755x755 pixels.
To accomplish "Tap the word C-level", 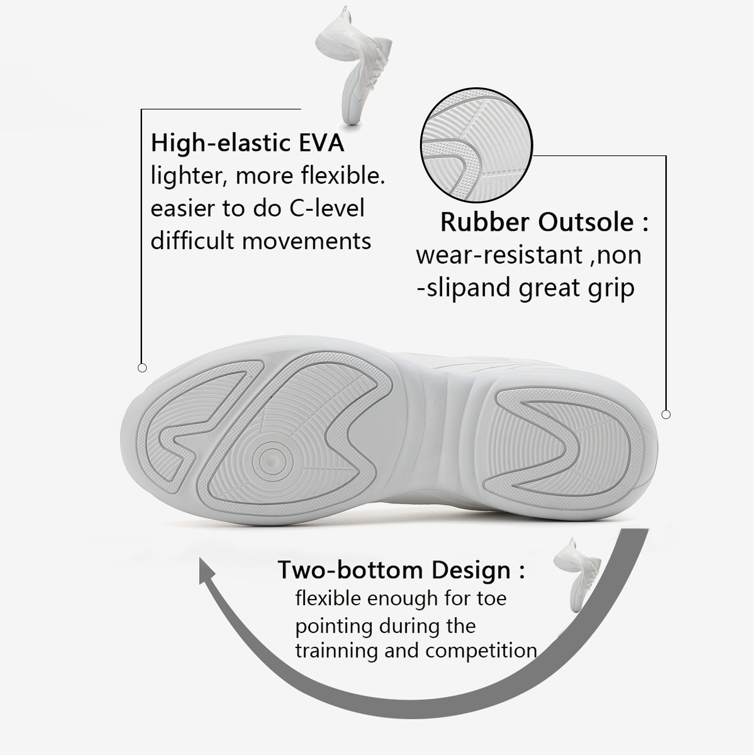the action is tap(327, 208).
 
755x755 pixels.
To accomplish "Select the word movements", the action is tap(307, 241).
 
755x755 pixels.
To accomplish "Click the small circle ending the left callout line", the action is tap(142, 368).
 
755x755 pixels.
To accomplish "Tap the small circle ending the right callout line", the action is tap(666, 414).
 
